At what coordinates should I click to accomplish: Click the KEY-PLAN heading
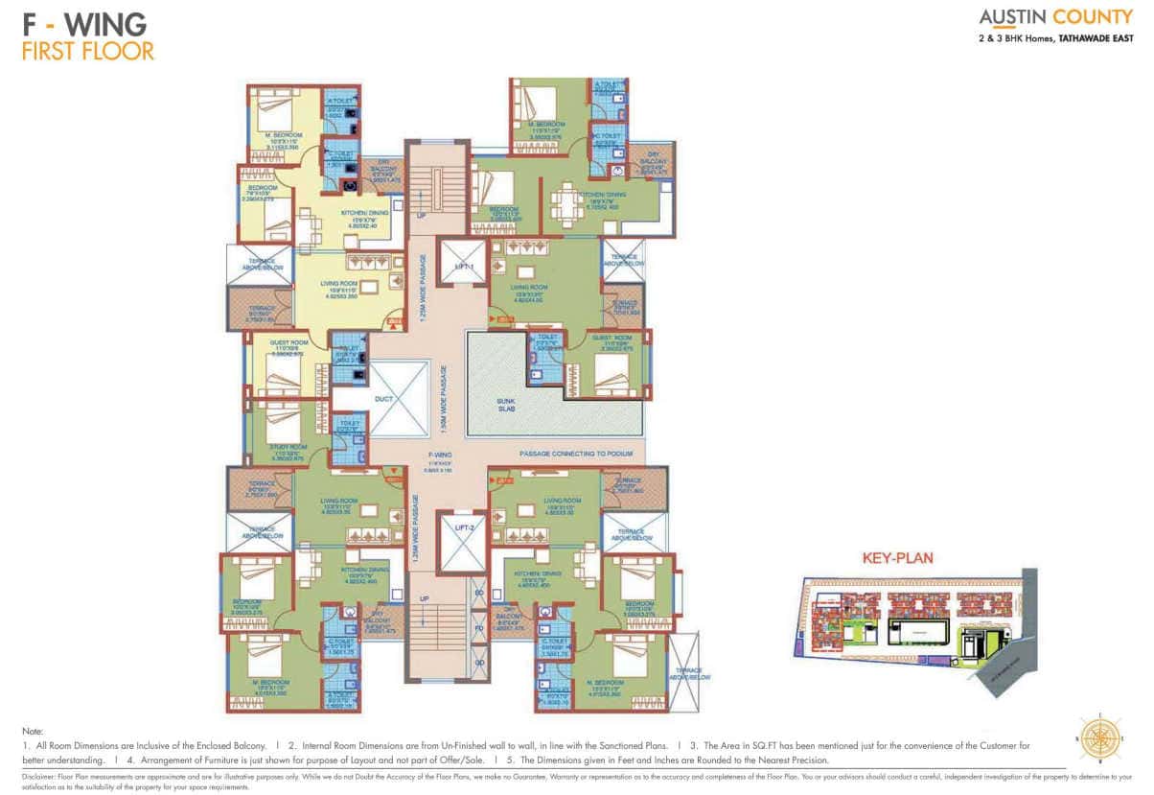coord(897,557)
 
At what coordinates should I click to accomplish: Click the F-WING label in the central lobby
coord(441,455)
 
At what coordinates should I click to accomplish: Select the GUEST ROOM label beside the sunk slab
coord(611,338)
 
